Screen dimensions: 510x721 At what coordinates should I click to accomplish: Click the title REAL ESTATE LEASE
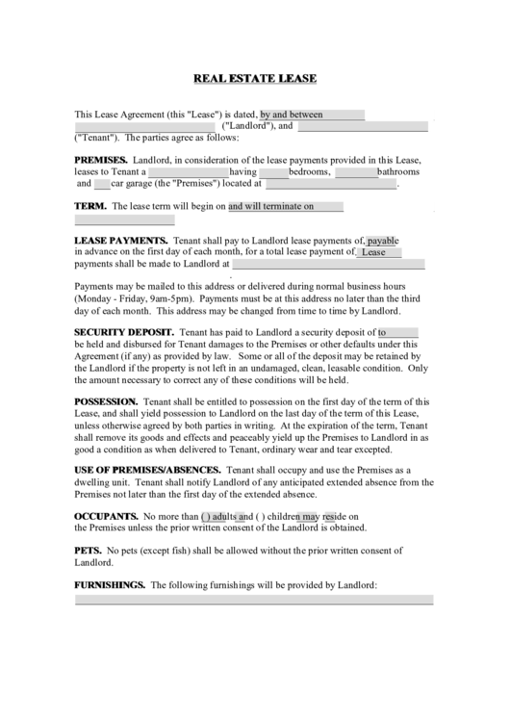point(255,78)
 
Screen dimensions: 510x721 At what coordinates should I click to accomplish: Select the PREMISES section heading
point(101,159)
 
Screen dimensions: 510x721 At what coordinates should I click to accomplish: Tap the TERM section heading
point(90,206)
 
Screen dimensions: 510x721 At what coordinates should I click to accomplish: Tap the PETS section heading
point(88,551)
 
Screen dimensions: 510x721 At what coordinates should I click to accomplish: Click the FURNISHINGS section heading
point(110,584)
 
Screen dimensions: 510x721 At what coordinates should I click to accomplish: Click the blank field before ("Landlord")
point(144,126)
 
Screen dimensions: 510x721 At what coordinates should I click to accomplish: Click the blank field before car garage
point(102,183)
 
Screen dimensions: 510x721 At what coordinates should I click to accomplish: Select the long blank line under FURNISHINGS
point(254,600)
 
